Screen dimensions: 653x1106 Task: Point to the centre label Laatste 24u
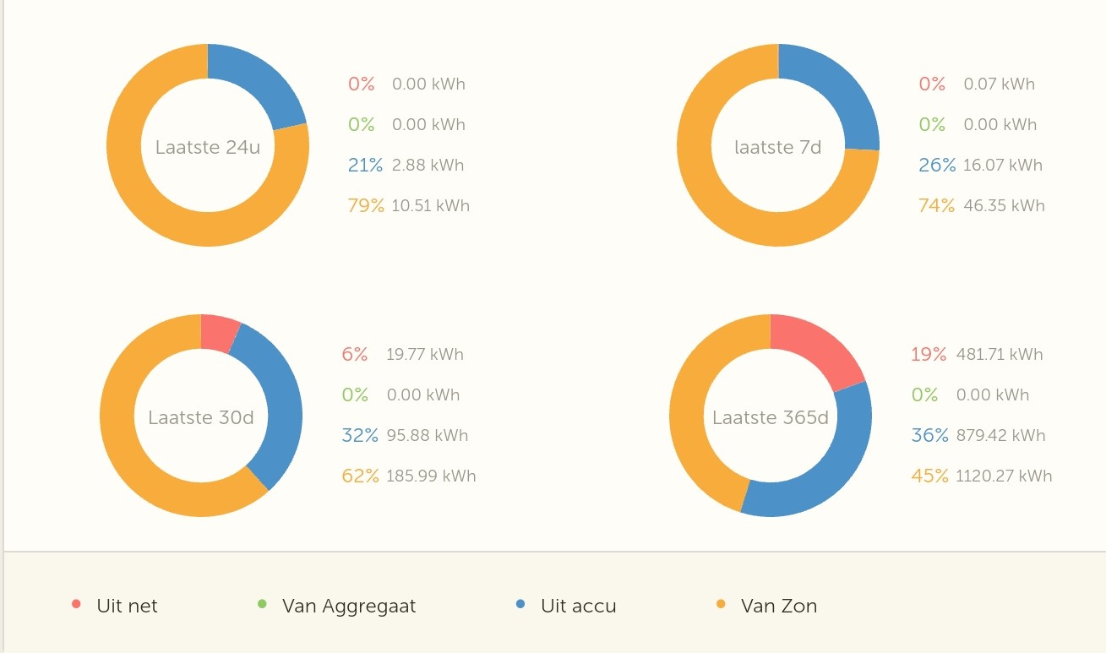tap(208, 148)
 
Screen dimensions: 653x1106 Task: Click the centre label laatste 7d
tap(778, 148)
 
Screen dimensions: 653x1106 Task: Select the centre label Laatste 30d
tap(201, 417)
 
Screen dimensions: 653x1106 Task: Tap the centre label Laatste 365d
tap(771, 417)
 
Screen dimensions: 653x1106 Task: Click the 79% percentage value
tap(365, 205)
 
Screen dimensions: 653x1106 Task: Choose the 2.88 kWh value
tap(428, 165)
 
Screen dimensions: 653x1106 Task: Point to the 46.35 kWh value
tap(1004, 205)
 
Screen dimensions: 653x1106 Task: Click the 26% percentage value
tap(937, 165)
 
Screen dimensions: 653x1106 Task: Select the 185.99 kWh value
tap(431, 476)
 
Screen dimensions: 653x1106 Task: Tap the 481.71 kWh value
tap(1000, 354)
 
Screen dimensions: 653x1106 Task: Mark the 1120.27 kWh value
tap(1004, 476)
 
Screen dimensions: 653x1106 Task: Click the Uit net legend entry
tap(127, 606)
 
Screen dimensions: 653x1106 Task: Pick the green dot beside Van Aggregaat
tap(262, 604)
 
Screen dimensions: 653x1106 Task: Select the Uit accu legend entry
tap(578, 606)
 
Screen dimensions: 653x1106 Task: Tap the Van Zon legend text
tap(779, 606)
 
